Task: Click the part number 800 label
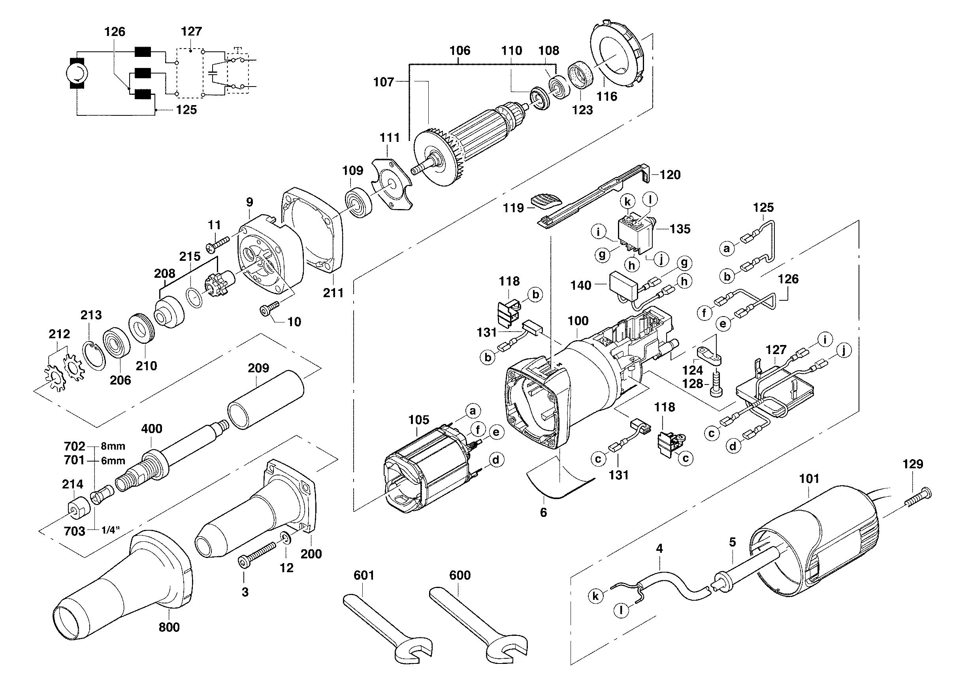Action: click(169, 627)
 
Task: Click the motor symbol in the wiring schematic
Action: click(77, 73)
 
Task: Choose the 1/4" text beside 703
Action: click(111, 531)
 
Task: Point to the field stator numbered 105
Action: click(427, 469)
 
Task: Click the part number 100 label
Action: click(578, 321)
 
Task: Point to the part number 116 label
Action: click(606, 96)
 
